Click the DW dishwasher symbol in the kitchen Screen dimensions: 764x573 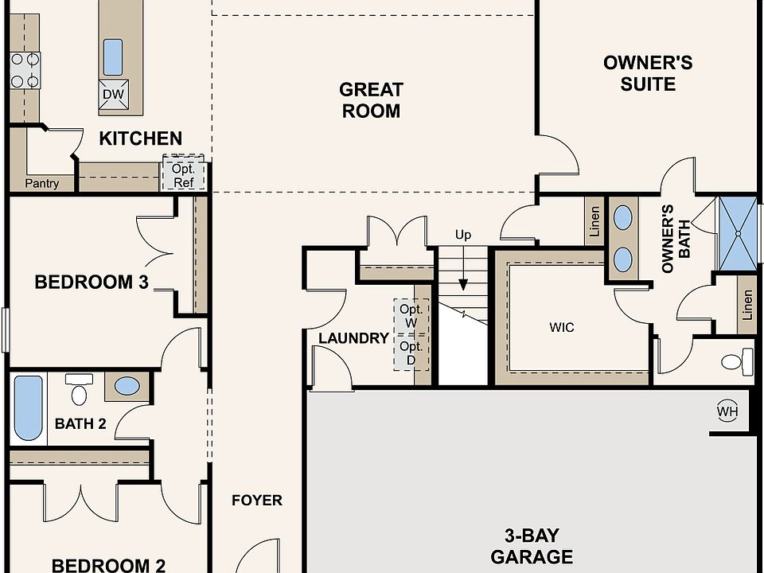tap(114, 95)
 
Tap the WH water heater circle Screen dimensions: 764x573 tap(727, 411)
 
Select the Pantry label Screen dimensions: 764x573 tap(42, 183)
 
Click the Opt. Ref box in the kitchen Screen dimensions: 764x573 tap(184, 173)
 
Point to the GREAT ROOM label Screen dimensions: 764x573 tap(372, 100)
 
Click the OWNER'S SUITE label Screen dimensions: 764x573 tap(648, 73)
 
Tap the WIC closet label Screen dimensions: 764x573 tap(562, 327)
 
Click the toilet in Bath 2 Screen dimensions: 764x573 tap(79, 389)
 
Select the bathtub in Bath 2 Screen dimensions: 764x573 tap(29, 408)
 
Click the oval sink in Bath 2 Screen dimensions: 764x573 tap(127, 386)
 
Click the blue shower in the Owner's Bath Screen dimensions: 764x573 tap(739, 234)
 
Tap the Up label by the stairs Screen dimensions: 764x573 tap(463, 236)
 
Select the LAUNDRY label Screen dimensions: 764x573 tap(353, 338)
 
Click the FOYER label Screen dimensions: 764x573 tap(257, 501)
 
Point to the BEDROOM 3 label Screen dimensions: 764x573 tap(92, 282)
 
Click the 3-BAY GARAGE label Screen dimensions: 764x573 tap(532, 546)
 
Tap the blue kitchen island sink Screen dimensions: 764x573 tap(113, 57)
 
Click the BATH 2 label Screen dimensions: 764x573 tap(80, 424)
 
